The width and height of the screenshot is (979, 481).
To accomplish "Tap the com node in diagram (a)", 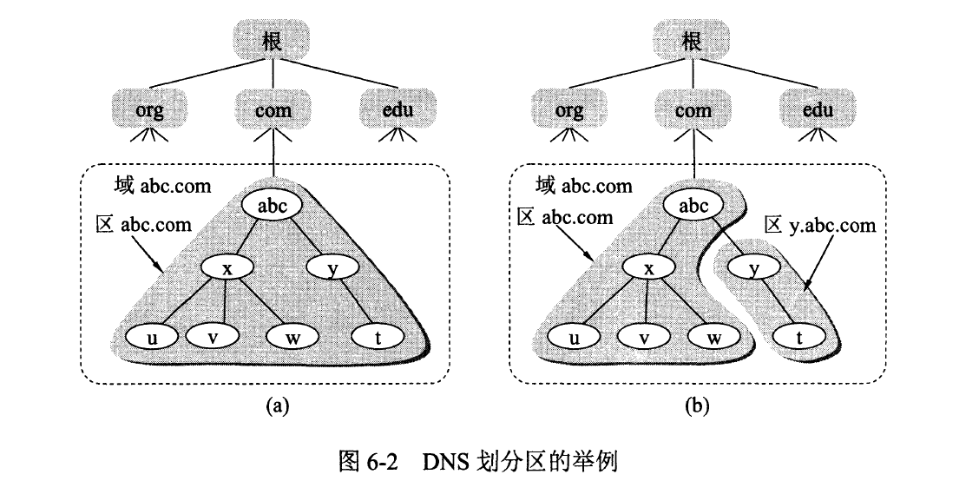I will pyautogui.click(x=273, y=110).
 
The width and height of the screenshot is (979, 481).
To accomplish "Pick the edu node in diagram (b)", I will pyautogui.click(x=818, y=110).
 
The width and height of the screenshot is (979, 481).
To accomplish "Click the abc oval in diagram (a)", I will pyautogui.click(x=273, y=207).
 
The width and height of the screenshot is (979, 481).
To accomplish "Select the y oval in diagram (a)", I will pyautogui.click(x=333, y=269).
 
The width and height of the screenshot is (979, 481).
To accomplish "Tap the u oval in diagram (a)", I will pyautogui.click(x=153, y=336).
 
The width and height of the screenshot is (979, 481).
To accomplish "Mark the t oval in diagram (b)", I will pyautogui.click(x=798, y=337).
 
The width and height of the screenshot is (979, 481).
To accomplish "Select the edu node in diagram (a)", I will pyautogui.click(x=398, y=110).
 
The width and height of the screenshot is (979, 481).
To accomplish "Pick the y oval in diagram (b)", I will pyautogui.click(x=755, y=269).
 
